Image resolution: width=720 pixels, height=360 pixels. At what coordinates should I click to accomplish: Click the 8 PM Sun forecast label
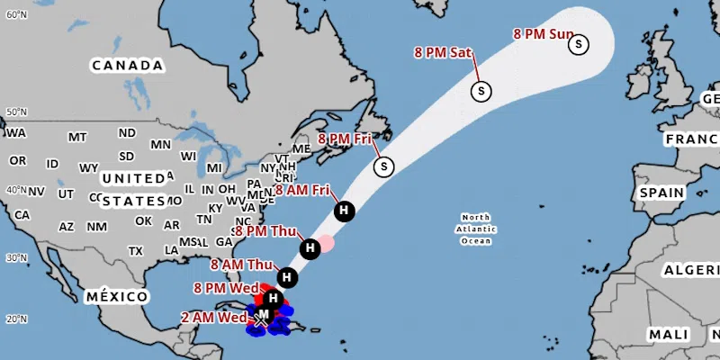pyautogui.click(x=544, y=34)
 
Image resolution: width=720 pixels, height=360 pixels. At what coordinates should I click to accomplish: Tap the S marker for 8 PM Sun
pyautogui.click(x=579, y=43)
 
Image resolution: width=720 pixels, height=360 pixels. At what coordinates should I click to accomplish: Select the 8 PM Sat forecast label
pyautogui.click(x=443, y=52)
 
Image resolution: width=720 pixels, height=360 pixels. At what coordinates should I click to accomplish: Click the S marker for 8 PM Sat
pyautogui.click(x=481, y=90)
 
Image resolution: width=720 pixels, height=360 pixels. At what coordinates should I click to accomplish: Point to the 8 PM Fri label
pyautogui.click(x=345, y=139)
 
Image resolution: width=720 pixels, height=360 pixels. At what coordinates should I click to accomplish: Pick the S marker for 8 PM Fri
pyautogui.click(x=384, y=166)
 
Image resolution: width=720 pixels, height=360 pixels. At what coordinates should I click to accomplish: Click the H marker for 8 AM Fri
pyautogui.click(x=343, y=211)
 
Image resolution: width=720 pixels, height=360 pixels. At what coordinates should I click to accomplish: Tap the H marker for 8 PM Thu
pyautogui.click(x=309, y=247)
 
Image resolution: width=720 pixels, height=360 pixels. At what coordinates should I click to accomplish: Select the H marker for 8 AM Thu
pyautogui.click(x=286, y=277)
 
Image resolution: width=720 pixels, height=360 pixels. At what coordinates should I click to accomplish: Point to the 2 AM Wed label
pyautogui.click(x=213, y=318)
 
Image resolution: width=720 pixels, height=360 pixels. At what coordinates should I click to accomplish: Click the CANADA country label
pyautogui.click(x=127, y=66)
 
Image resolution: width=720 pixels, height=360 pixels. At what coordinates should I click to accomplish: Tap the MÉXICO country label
pyautogui.click(x=116, y=297)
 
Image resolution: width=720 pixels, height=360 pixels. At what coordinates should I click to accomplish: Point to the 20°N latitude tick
pyautogui.click(x=14, y=319)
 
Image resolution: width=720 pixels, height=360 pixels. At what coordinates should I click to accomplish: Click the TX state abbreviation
pyautogui.click(x=136, y=250)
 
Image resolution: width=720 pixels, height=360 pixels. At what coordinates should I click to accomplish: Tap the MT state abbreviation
pyautogui.click(x=76, y=137)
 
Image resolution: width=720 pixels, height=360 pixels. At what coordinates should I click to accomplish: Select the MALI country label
pyautogui.click(x=668, y=334)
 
